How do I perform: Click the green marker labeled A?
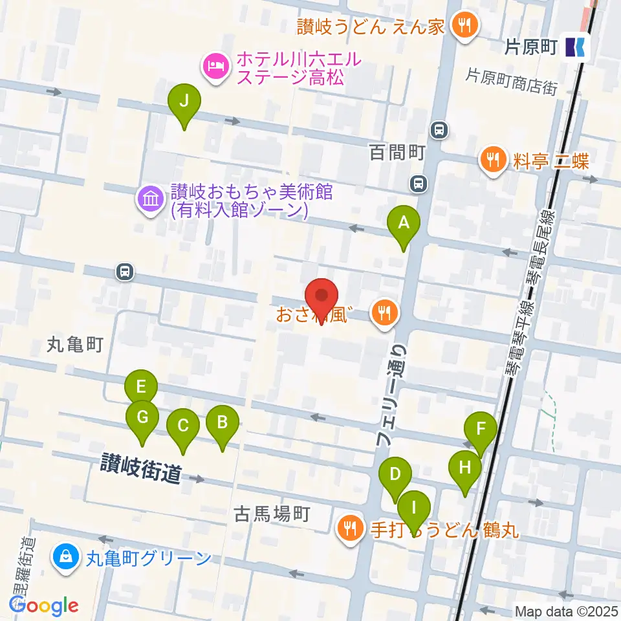[x=404, y=224]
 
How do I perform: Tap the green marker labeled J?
[x=184, y=102]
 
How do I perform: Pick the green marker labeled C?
[x=183, y=426]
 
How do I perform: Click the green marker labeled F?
[x=481, y=429]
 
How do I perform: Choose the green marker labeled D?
[x=395, y=474]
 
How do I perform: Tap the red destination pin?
[x=321, y=296]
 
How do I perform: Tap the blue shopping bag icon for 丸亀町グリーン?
[x=66, y=556]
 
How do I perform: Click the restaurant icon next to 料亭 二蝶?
[x=495, y=159]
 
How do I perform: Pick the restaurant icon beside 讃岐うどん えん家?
[x=464, y=27]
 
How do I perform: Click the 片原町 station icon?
[x=575, y=47]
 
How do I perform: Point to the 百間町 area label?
[x=397, y=152]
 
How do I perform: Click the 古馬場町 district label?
[x=272, y=514]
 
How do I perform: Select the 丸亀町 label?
[x=75, y=345]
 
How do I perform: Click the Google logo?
[x=45, y=605]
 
